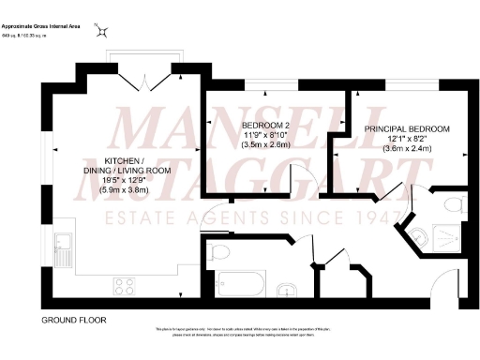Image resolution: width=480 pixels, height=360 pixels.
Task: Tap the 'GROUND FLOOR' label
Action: pyautogui.click(x=73, y=321)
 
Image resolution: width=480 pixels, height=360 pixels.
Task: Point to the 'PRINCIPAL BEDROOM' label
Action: pyautogui.click(x=407, y=128)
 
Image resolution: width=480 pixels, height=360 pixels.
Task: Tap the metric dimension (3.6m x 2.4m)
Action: pyautogui.click(x=407, y=149)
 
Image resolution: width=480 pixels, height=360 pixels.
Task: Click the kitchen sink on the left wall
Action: pyautogui.click(x=64, y=247)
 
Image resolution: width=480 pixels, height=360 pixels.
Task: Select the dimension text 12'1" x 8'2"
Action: pyautogui.click(x=407, y=139)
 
